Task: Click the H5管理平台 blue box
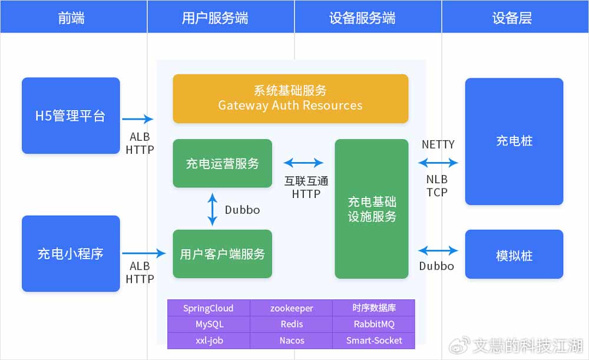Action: click(71, 115)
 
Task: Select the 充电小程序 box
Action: click(71, 253)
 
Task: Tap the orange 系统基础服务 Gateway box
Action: click(290, 98)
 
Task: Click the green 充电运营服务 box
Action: click(222, 163)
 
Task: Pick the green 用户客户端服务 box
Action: click(222, 254)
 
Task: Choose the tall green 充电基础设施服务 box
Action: click(372, 209)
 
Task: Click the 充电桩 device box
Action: click(514, 141)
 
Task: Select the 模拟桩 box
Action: click(514, 255)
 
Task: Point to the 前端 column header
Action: click(71, 18)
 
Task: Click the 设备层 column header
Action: click(512, 18)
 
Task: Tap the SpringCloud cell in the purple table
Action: click(209, 308)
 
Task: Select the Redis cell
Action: click(292, 324)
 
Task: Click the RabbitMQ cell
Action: click(374, 324)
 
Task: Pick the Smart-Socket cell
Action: click(374, 341)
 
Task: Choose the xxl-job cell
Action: click(209, 341)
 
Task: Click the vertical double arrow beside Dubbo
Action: click(213, 209)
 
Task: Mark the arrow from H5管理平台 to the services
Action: click(138, 119)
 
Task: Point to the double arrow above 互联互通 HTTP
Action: click(303, 163)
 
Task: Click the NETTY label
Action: click(438, 144)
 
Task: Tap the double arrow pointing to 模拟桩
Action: click(438, 250)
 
